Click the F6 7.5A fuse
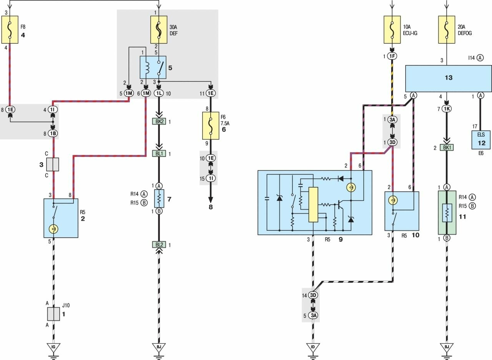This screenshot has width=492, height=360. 211,125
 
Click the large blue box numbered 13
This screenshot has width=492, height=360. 449,78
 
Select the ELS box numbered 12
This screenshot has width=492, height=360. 481,140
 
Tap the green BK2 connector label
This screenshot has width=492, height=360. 159,122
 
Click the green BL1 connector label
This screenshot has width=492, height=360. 159,153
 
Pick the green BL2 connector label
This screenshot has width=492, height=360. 159,244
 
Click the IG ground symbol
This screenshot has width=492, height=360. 53,347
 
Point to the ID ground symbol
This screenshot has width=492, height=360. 314,347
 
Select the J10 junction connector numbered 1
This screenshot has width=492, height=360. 53,314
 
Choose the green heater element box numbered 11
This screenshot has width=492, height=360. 447,212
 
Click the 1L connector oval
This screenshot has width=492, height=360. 159,93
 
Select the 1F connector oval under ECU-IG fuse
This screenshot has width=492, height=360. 392,57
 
